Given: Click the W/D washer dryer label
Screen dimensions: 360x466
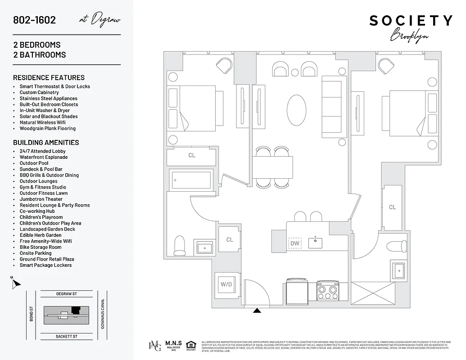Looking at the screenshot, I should coord(225,284).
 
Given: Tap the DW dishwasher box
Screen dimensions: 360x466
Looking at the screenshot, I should coord(295,243).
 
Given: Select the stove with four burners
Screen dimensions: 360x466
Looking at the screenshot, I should coord(327,290).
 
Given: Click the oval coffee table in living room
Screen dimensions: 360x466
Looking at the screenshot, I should coord(297,110).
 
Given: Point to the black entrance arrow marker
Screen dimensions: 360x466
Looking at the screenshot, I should coord(257,310).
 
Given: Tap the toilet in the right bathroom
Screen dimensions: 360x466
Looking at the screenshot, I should coord(398,247).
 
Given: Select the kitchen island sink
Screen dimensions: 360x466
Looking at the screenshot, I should coord(315,243).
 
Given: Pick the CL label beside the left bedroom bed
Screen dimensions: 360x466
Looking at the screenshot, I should coord(192,155).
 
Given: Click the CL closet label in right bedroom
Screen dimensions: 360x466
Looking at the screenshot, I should coord(393,207).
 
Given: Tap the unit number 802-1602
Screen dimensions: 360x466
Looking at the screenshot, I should coord(35,20).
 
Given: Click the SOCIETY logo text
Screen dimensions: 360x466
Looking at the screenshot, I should coord(411,21).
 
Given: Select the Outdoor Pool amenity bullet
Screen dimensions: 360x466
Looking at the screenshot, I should coord(34,163).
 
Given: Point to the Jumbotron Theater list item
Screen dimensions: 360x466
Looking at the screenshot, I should coord(41,199).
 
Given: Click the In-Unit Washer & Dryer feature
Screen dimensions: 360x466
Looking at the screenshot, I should coord(45,110).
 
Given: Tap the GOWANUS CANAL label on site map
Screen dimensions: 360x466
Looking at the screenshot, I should coord(103,314).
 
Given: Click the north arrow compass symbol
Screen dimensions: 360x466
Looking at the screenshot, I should coord(16,283).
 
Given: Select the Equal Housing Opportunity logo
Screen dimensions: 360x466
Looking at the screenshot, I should coord(191,345).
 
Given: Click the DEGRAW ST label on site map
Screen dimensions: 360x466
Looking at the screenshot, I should coord(67,294).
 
